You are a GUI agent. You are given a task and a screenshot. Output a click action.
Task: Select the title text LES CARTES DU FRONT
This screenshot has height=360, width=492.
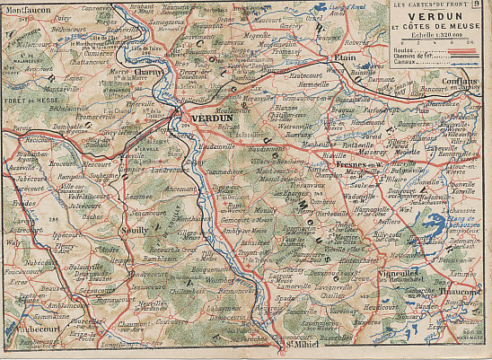click(x=430, y=6)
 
